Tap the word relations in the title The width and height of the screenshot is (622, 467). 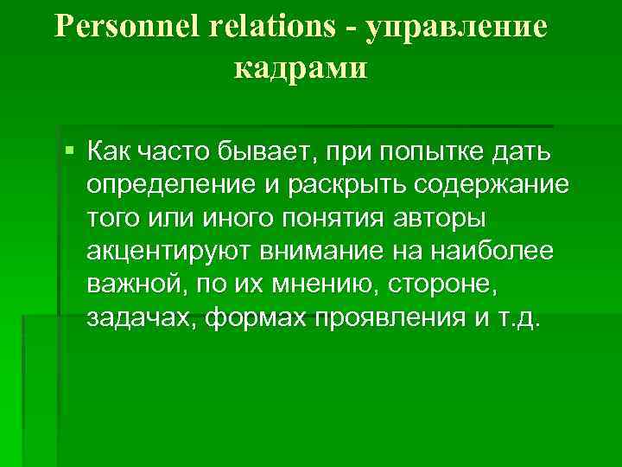click(271, 27)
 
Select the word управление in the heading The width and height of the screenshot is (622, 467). click(457, 27)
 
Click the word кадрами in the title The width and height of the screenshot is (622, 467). click(301, 68)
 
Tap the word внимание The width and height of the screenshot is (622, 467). click(326, 252)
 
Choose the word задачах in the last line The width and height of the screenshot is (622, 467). click(142, 317)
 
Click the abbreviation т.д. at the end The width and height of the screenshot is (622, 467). click(518, 317)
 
